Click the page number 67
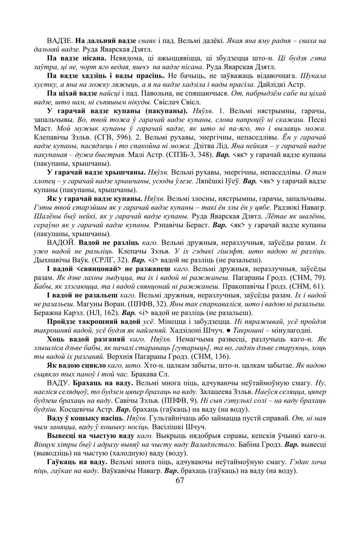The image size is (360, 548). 180,481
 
